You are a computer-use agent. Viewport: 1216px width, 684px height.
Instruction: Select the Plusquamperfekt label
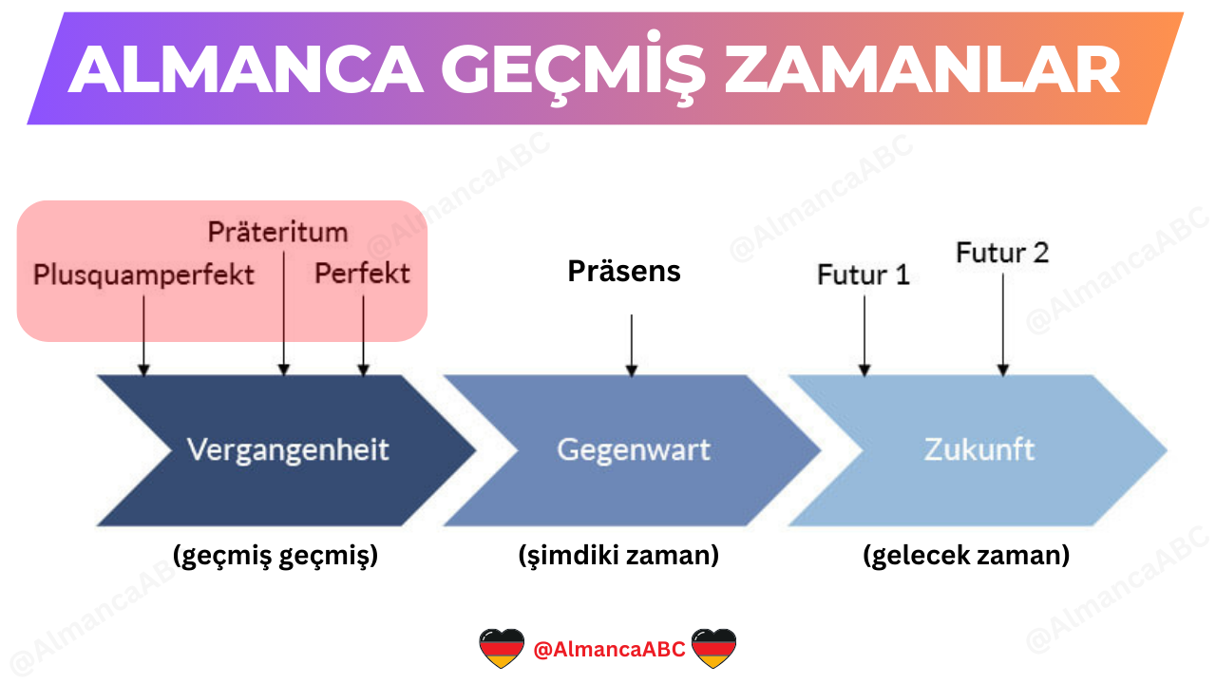pyautogui.click(x=143, y=275)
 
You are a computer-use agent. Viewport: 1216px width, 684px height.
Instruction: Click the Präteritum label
pyautogui.click(x=277, y=232)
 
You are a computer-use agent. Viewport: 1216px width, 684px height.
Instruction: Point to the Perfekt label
pyautogui.click(x=362, y=274)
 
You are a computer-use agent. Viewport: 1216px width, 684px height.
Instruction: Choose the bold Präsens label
pyautogui.click(x=624, y=272)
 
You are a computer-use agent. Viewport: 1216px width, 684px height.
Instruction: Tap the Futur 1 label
pyautogui.click(x=864, y=275)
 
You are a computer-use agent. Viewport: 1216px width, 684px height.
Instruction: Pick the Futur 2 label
pyautogui.click(x=1002, y=253)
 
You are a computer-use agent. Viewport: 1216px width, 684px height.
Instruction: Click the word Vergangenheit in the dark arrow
pyautogui.click(x=288, y=449)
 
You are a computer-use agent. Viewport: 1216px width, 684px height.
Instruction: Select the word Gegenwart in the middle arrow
pyautogui.click(x=633, y=449)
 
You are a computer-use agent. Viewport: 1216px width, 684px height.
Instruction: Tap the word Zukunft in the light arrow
pyautogui.click(x=978, y=449)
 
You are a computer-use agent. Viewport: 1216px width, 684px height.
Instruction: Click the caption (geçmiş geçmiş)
pyautogui.click(x=275, y=556)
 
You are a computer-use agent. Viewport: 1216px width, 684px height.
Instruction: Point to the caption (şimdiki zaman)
pyautogui.click(x=618, y=556)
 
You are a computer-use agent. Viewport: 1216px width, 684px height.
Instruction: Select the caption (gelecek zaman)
pyautogui.click(x=966, y=556)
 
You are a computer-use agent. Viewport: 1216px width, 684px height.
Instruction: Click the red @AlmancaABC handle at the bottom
pyautogui.click(x=609, y=650)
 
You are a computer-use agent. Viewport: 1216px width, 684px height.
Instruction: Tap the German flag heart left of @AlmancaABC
pyautogui.click(x=502, y=649)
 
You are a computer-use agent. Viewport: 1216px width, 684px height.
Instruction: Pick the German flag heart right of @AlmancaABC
pyautogui.click(x=714, y=649)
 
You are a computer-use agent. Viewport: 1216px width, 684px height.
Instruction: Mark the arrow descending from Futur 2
pyautogui.click(x=1002, y=323)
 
